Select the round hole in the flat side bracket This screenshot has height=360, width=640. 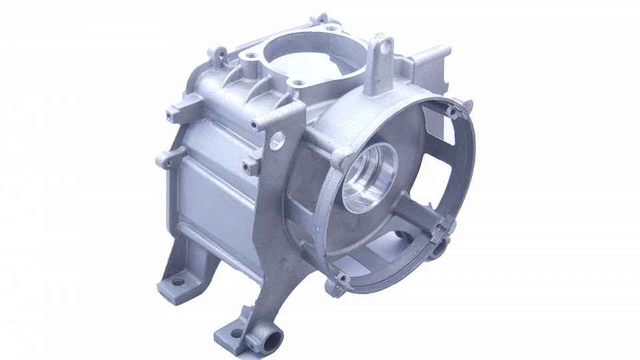tap(277, 140)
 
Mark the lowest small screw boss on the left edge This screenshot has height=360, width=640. tap(163, 159)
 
